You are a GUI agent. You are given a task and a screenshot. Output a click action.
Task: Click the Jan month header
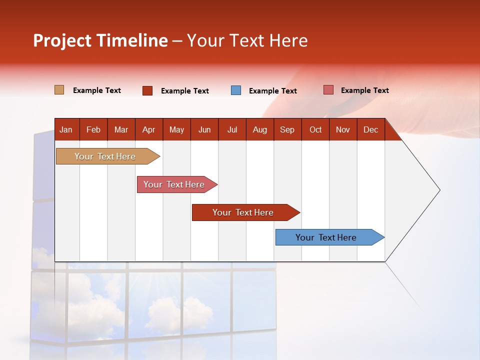(x=66, y=129)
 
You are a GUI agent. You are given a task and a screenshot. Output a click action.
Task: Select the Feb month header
(x=93, y=129)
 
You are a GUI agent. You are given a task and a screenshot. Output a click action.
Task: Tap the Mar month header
(x=121, y=129)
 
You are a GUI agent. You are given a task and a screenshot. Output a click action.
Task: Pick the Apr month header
(x=149, y=129)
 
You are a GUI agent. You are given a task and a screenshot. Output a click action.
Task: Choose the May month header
(x=176, y=129)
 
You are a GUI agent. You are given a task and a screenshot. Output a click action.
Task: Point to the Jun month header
(x=204, y=129)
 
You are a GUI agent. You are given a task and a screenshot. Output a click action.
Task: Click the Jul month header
(x=232, y=129)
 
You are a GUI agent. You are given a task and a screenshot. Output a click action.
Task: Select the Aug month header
(x=260, y=129)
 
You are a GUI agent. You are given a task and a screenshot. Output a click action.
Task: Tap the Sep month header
(x=287, y=129)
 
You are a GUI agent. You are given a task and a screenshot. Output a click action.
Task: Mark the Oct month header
(x=315, y=129)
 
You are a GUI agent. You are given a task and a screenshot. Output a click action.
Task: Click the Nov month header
(x=343, y=129)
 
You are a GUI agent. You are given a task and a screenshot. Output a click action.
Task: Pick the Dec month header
(x=371, y=129)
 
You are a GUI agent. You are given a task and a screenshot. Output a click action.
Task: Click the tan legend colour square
(x=59, y=90)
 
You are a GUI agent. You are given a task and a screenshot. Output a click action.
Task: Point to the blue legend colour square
(x=236, y=90)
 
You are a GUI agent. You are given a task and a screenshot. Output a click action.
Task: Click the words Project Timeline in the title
(x=100, y=40)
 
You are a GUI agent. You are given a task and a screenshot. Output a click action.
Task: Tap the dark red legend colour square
(x=147, y=90)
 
